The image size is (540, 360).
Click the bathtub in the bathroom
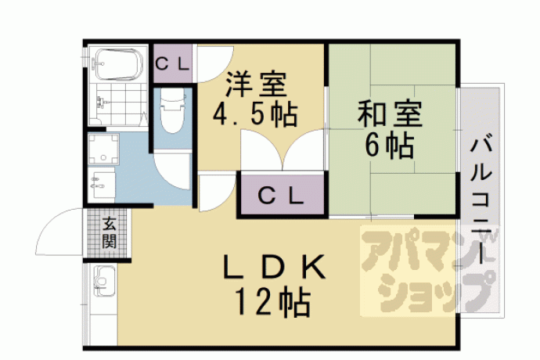[x=117, y=64]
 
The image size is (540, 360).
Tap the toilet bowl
[x=172, y=111]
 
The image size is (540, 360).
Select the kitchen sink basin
[x=104, y=281]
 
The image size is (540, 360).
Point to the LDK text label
[x=274, y=267]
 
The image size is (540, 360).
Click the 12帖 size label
[x=273, y=302]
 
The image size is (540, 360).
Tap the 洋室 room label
[x=255, y=84]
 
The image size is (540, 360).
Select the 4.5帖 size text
[x=254, y=115]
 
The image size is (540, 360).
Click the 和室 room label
[x=390, y=113]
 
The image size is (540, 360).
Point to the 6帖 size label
[x=389, y=145]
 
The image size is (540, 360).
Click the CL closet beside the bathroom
[x=172, y=63]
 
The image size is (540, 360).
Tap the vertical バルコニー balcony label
[x=481, y=200]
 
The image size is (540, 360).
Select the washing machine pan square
[x=103, y=149]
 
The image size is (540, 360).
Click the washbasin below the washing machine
[x=101, y=185]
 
